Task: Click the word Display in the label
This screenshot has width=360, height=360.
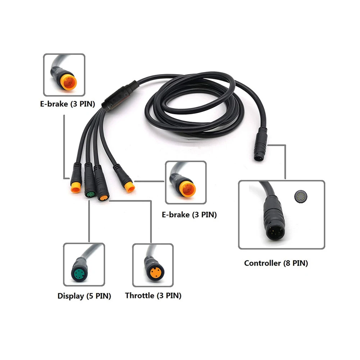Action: tap(70, 296)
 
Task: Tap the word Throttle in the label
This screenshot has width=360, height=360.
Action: tap(140, 296)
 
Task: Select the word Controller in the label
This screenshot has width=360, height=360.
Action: tap(262, 263)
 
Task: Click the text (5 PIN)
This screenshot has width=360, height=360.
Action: tap(98, 296)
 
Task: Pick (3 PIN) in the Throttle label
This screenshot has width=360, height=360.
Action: tap(168, 296)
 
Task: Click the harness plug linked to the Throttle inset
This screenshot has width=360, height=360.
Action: tap(103, 197)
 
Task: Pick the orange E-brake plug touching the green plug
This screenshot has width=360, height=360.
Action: tap(76, 188)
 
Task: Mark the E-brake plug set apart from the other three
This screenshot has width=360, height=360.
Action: tap(129, 186)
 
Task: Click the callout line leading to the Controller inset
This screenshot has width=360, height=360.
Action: tap(285, 162)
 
